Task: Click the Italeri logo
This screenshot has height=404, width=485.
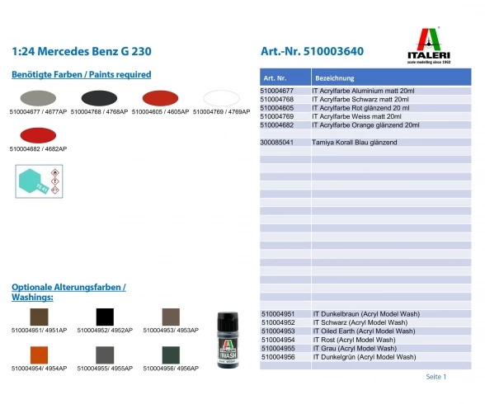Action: [435, 45]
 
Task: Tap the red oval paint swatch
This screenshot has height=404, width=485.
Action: [159, 97]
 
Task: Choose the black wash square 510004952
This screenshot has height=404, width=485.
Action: [106, 316]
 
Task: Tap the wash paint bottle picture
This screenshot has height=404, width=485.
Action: [227, 338]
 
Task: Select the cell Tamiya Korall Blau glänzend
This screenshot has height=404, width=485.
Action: [356, 143]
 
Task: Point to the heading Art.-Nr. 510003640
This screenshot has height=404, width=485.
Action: [312, 51]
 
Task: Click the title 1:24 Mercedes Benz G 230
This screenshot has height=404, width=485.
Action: [82, 51]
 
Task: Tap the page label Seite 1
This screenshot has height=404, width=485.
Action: [436, 377]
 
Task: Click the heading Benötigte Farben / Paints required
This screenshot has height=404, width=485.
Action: [81, 74]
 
